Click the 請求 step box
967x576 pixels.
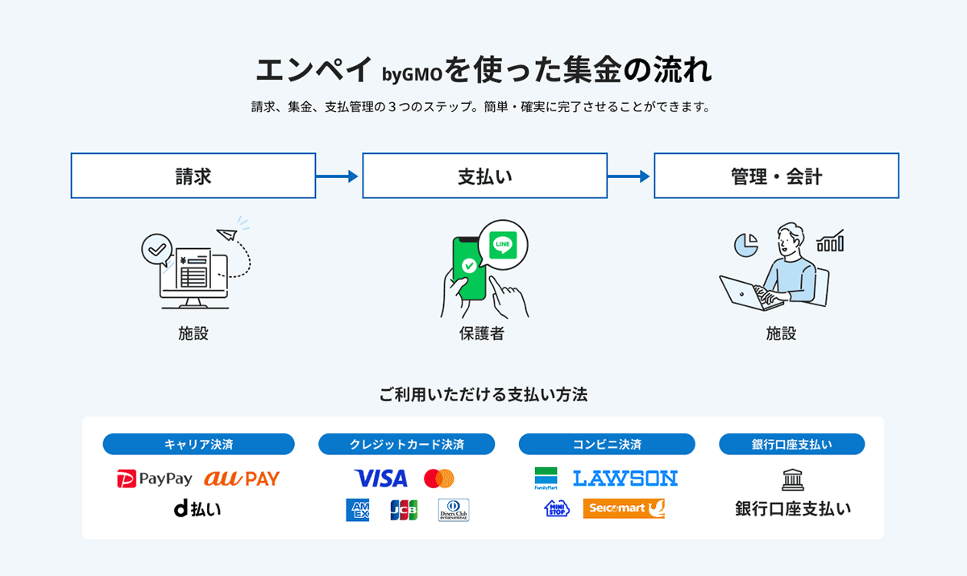click(193, 176)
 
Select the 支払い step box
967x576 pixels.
click(484, 176)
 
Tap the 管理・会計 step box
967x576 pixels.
click(776, 176)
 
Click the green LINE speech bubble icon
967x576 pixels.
click(502, 243)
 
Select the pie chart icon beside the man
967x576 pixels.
click(745, 244)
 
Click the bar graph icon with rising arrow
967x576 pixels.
click(830, 240)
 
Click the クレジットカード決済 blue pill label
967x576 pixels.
click(407, 444)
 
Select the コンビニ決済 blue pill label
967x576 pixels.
click(607, 444)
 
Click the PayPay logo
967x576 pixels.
click(156, 479)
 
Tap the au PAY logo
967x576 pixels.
click(241, 479)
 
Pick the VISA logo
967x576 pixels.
click(380, 479)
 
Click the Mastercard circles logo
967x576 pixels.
click(439, 479)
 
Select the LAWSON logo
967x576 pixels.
click(625, 479)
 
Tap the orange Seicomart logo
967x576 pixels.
click(625, 508)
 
